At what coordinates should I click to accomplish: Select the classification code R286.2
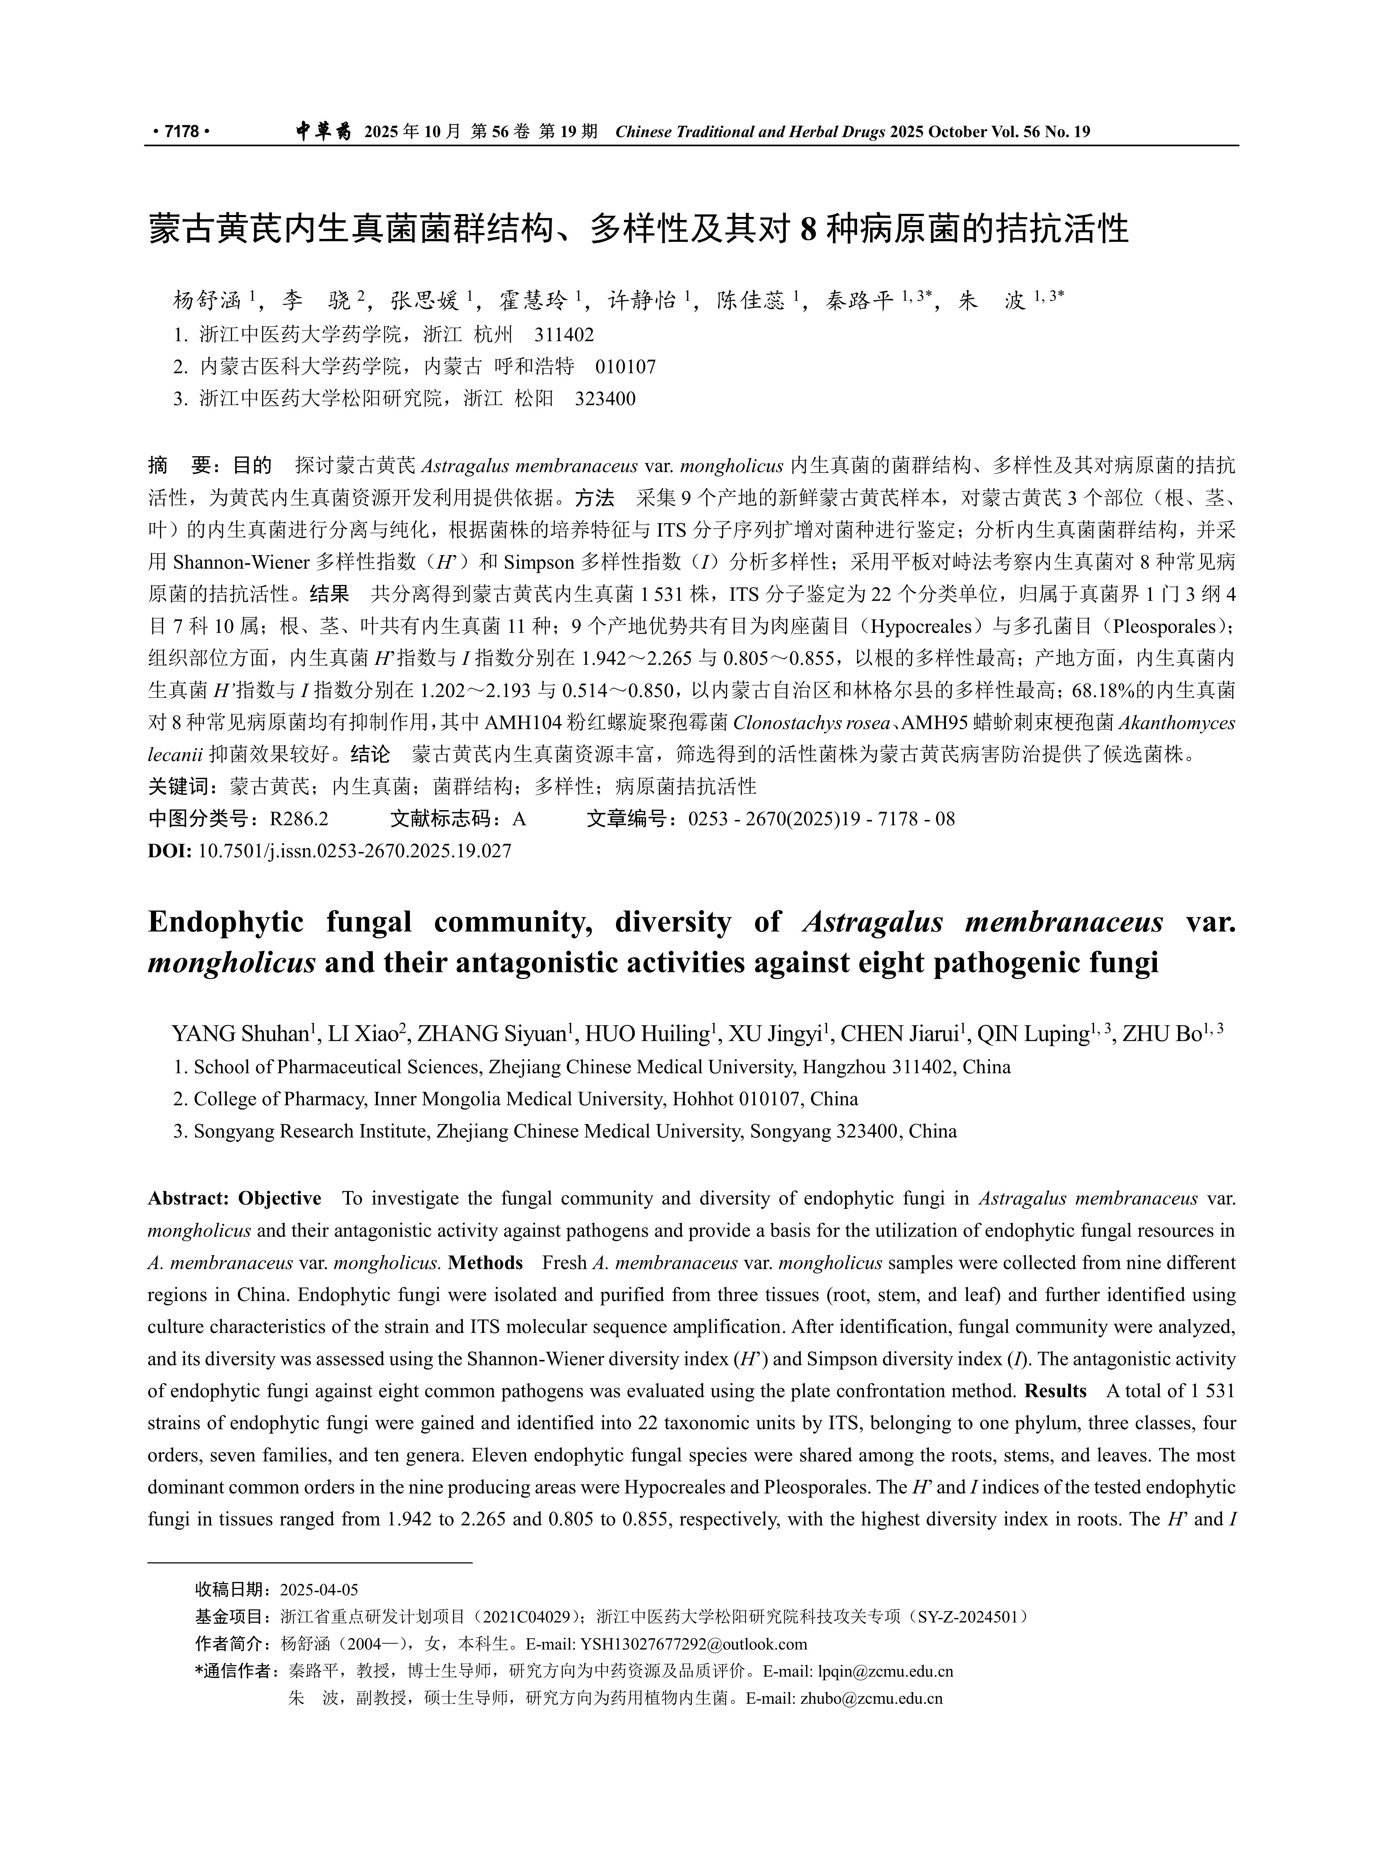point(299,818)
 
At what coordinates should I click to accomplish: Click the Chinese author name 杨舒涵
point(207,301)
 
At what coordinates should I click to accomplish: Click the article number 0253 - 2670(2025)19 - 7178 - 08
point(821,818)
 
